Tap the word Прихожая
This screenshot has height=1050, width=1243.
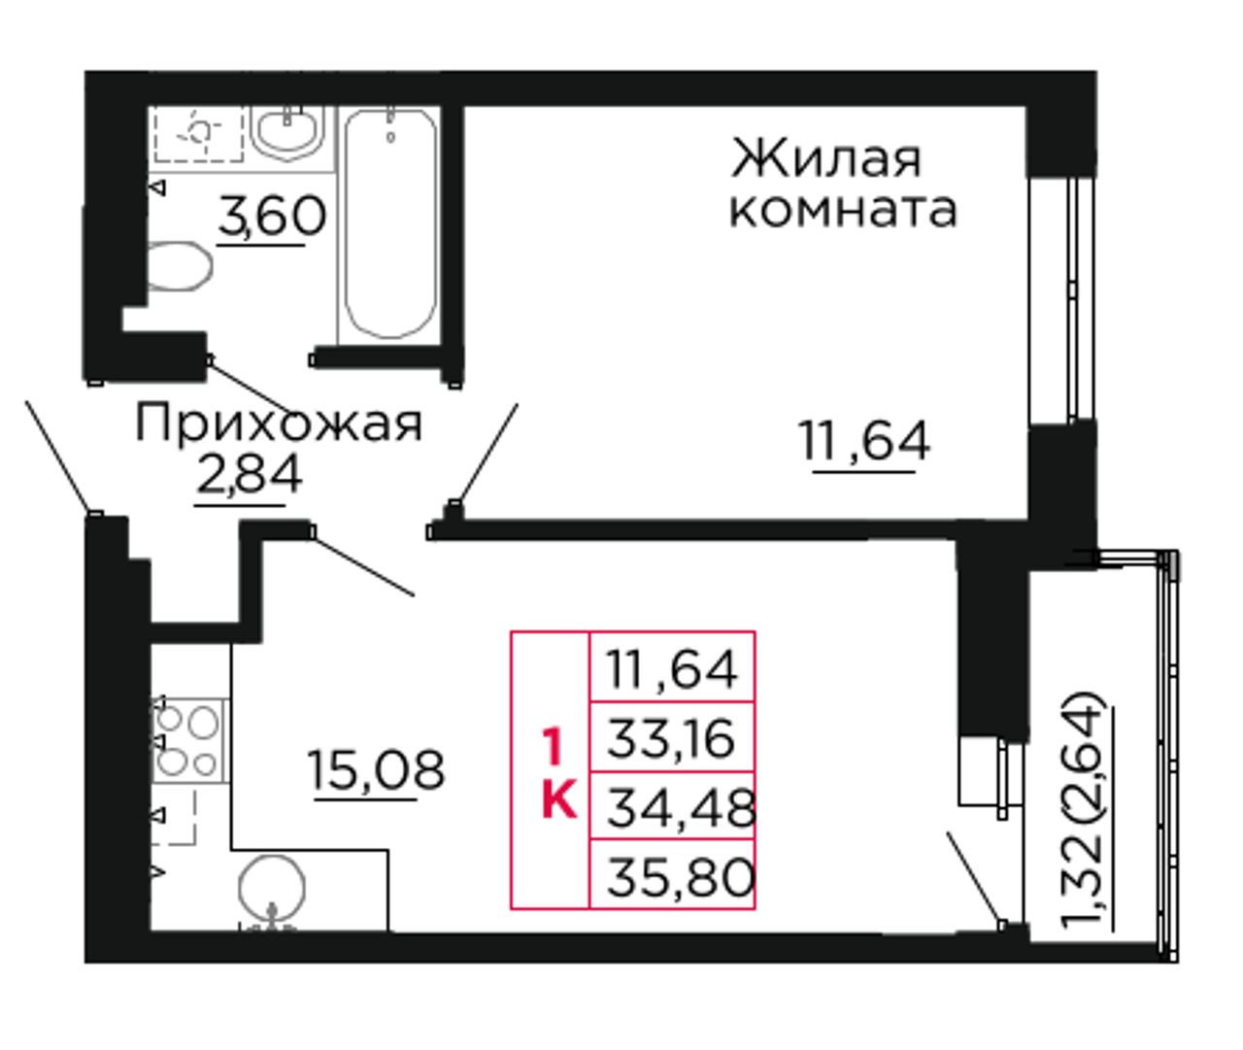[x=279, y=423]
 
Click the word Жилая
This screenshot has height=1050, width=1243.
[x=826, y=159]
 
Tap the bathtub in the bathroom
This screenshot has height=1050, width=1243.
[x=390, y=225]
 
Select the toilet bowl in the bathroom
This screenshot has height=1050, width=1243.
[x=178, y=266]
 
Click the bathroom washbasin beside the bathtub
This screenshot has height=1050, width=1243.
[x=287, y=134]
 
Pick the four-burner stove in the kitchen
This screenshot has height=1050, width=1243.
[x=190, y=740]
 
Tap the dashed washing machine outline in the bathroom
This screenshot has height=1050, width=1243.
[x=198, y=134]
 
